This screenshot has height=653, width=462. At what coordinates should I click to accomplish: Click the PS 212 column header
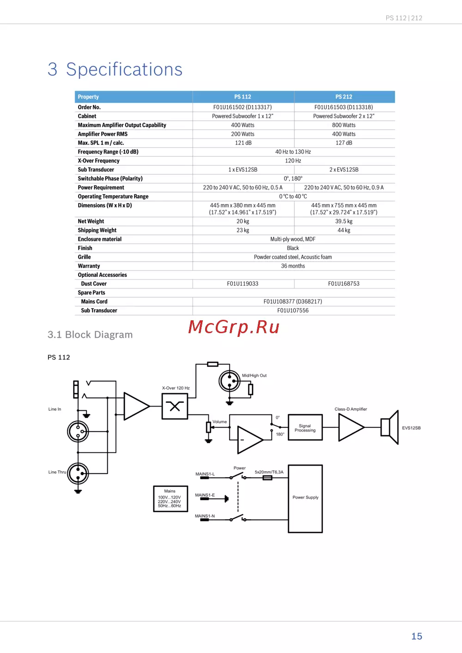[344, 97]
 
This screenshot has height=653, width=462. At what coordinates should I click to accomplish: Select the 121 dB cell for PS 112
[243, 143]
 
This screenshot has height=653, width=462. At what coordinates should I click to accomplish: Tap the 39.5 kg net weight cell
[344, 222]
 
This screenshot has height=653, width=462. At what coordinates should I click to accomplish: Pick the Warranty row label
[89, 266]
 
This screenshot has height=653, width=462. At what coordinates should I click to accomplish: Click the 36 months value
[293, 266]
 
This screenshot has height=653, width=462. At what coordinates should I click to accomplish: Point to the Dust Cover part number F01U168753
[344, 284]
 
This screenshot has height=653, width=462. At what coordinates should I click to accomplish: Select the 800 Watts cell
[344, 125]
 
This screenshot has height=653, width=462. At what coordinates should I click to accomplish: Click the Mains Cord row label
[94, 302]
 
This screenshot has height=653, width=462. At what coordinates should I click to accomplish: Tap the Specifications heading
[124, 69]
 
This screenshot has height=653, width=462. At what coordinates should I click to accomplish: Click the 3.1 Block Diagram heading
[90, 335]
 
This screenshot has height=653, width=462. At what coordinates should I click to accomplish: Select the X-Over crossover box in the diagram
[175, 406]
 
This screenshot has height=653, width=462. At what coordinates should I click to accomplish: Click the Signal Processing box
[305, 428]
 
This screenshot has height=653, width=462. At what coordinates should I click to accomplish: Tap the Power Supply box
[305, 498]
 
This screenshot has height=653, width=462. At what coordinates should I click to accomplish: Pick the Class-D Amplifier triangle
[350, 427]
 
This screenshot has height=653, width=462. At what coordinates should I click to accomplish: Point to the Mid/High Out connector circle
[229, 381]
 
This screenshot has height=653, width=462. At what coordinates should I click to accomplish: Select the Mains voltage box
[170, 499]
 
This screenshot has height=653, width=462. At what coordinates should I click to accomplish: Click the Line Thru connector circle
[78, 473]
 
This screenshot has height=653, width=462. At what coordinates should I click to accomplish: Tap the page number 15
[417, 636]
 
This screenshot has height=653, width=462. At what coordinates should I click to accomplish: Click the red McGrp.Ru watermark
[234, 327]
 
